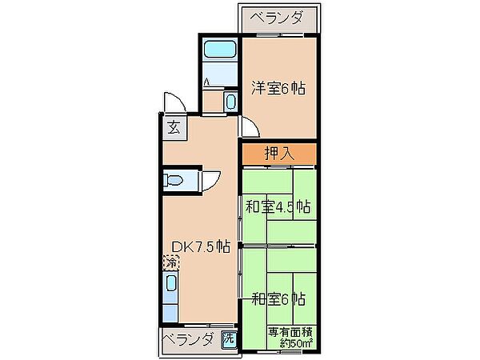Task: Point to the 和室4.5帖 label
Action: (x=278, y=207)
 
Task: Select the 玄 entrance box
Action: (x=174, y=126)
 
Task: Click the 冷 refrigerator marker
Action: (x=170, y=261)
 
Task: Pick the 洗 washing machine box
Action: (x=229, y=339)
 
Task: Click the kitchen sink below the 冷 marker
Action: (x=170, y=286)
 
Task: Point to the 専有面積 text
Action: (x=290, y=330)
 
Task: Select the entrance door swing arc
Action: (x=174, y=102)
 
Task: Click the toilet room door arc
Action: (x=211, y=180)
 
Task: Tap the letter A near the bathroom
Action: (x=207, y=82)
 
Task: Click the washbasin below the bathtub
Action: (x=230, y=102)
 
